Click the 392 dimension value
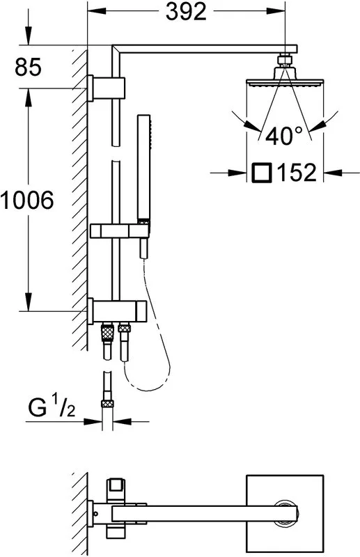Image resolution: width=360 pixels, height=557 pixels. coord(186,13)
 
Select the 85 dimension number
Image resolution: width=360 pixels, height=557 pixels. coord(28,67)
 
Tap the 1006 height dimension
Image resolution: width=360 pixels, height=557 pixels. coord(27,200)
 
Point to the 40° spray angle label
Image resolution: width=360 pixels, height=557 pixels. coord(283,135)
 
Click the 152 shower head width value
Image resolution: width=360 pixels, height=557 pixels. coord(297,173)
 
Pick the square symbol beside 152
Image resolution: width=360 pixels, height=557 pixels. coord(262,173)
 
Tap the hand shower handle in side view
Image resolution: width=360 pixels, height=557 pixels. coord(144,168)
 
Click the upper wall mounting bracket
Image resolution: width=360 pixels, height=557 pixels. coord(107,88)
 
